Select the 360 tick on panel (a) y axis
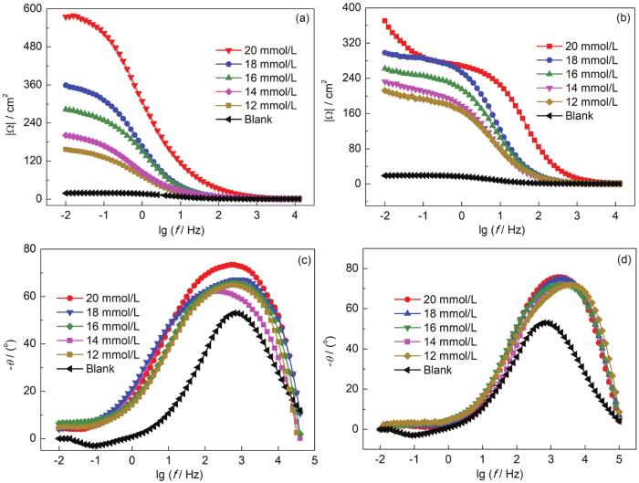[x=22, y=85]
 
